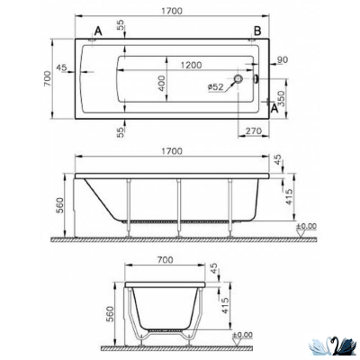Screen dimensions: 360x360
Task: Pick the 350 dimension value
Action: click(281, 98)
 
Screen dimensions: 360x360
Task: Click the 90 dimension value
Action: click(283, 60)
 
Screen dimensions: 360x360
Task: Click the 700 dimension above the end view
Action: click(164, 259)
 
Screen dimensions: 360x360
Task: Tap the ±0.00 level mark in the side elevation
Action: click(307, 226)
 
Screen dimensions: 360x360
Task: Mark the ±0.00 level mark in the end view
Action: click(243, 336)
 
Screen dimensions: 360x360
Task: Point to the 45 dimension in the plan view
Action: click(62, 67)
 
